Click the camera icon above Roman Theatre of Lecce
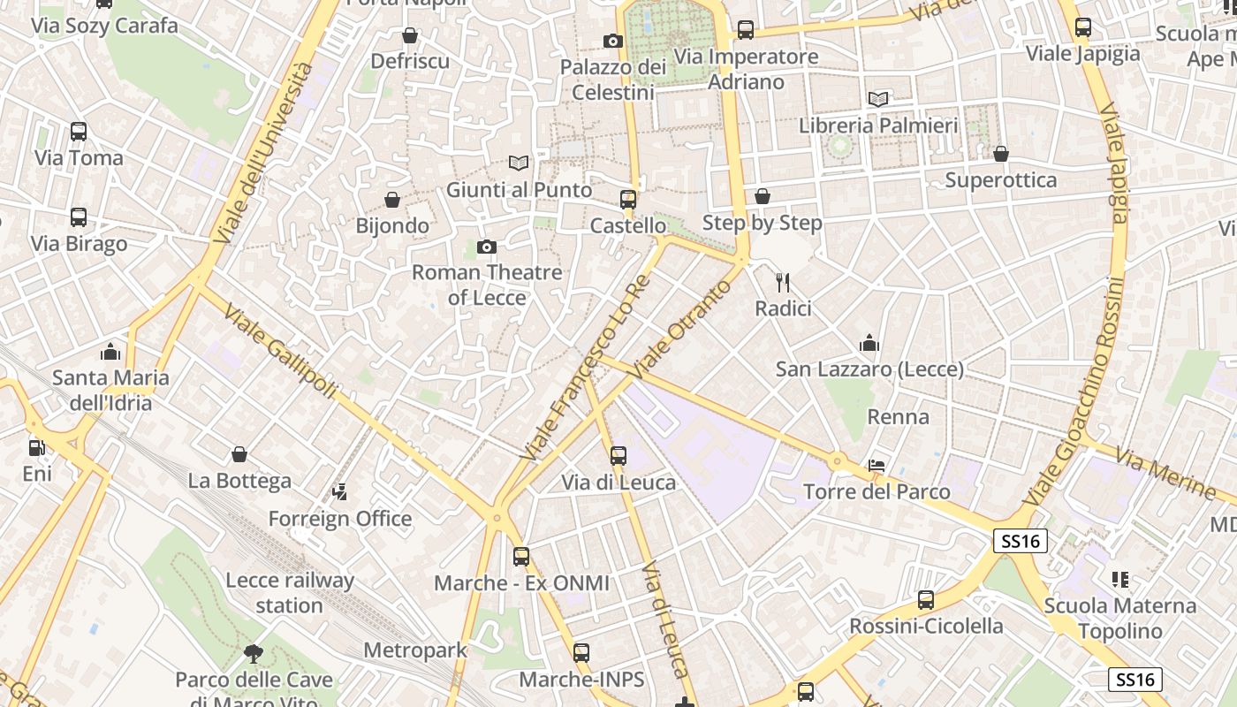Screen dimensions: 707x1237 (x=486, y=247)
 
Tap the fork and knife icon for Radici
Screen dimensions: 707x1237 (x=782, y=283)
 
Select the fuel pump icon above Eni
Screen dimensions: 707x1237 (x=36, y=448)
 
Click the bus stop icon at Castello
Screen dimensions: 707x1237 (x=628, y=200)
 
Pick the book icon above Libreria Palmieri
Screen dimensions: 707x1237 (x=878, y=100)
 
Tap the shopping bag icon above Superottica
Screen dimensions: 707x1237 (x=1000, y=155)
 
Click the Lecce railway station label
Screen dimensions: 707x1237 (x=290, y=593)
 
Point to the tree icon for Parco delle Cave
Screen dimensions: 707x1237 (x=254, y=654)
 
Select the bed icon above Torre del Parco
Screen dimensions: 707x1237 (x=877, y=466)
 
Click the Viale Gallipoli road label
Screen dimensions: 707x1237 (x=280, y=351)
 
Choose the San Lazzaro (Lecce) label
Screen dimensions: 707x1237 (x=869, y=369)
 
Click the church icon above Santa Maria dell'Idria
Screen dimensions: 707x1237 (x=110, y=353)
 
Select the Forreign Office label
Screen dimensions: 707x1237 (x=340, y=519)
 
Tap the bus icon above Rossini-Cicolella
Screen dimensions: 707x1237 (x=926, y=600)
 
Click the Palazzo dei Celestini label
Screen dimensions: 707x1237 (x=613, y=80)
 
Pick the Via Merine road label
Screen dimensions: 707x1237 (x=1165, y=471)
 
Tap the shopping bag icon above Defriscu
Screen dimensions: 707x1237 (x=410, y=35)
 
